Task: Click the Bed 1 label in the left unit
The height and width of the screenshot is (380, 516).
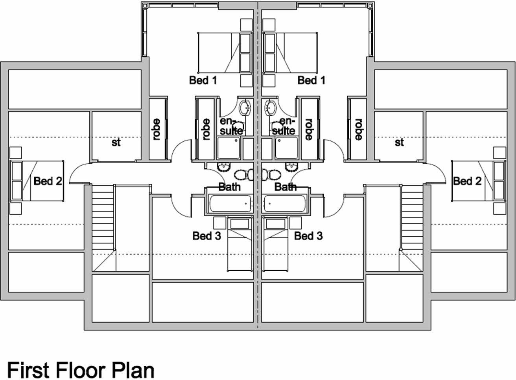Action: pyautogui.click(x=203, y=80)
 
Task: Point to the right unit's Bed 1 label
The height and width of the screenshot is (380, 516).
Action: pyautogui.click(x=311, y=80)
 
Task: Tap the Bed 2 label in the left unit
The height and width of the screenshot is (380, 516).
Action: pyautogui.click(x=48, y=181)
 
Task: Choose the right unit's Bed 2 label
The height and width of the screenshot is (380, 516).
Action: pyautogui.click(x=467, y=181)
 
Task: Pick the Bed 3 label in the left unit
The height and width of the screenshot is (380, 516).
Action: pyautogui.click(x=206, y=236)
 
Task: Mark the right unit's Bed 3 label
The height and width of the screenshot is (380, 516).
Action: pyautogui.click(x=308, y=236)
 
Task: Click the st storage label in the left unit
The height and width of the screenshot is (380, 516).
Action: pyautogui.click(x=116, y=142)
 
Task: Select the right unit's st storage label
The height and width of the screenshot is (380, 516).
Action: pyautogui.click(x=399, y=142)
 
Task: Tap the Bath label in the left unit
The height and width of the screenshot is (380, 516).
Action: pyautogui.click(x=229, y=186)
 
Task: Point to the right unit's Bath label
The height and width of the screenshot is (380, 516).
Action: pyautogui.click(x=286, y=186)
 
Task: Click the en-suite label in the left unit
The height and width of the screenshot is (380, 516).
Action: pyautogui.click(x=231, y=126)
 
